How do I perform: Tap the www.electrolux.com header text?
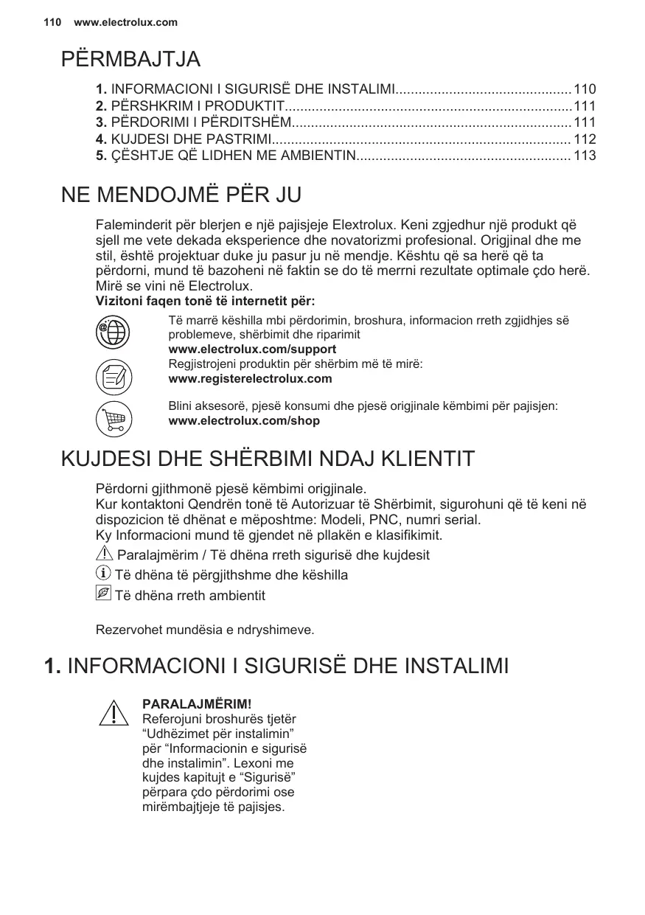click(126, 22)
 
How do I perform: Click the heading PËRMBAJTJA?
click(130, 59)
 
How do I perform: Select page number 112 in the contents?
click(585, 139)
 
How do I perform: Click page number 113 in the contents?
click(585, 156)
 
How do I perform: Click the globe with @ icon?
click(114, 331)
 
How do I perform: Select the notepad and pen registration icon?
click(114, 376)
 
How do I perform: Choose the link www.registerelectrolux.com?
click(250, 379)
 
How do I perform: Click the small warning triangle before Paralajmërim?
click(105, 554)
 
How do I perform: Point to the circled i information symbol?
click(104, 574)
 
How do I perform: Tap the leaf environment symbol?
click(103, 594)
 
